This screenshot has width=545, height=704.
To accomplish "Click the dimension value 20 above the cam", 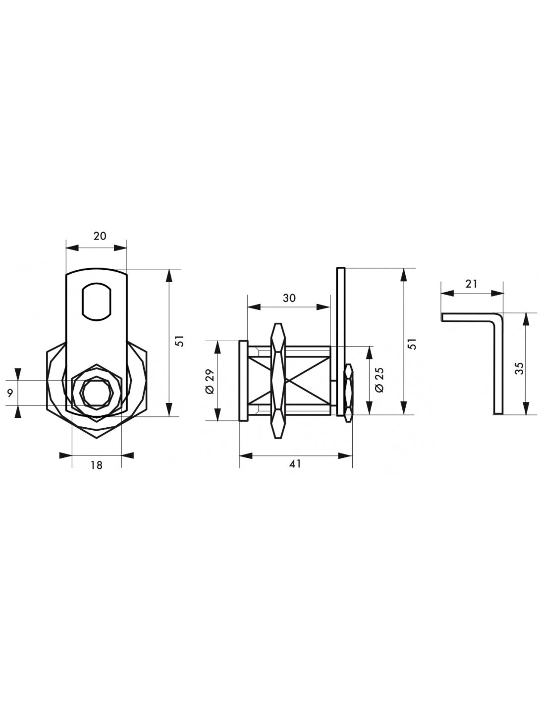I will [100, 236].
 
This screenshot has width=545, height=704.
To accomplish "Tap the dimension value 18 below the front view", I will [96, 465].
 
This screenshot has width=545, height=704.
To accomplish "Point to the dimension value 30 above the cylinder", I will [289, 298].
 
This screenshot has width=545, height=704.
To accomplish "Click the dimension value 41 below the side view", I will [295, 463].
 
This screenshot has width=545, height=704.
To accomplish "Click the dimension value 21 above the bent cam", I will [471, 284].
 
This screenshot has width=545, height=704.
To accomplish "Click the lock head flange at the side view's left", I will [243, 381].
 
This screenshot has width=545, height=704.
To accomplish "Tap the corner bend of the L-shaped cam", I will [499, 318].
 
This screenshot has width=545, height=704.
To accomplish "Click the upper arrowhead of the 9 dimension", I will [18, 373].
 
